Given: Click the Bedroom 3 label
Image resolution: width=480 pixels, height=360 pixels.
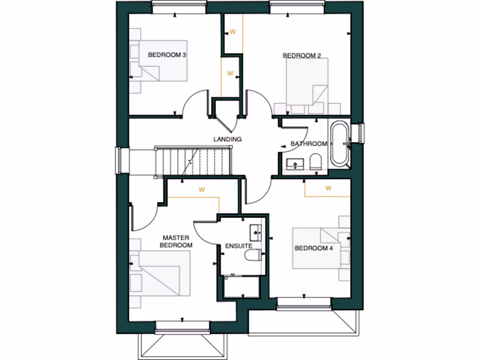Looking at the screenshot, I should click(x=167, y=55).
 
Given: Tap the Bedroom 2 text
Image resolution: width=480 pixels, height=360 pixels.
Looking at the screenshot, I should click(x=301, y=56).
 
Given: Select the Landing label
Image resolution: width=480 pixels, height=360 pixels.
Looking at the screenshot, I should click(x=227, y=139).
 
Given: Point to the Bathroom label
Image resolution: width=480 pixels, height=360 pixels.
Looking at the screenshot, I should click(x=308, y=143).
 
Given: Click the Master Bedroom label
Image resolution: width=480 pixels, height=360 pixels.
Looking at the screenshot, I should click(x=176, y=241).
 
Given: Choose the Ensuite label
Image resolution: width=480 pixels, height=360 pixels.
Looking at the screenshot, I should click(x=239, y=246).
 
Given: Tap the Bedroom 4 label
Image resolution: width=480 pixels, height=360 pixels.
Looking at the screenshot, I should click(x=313, y=248).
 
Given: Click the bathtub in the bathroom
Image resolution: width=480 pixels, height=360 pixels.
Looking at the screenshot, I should click(x=340, y=144).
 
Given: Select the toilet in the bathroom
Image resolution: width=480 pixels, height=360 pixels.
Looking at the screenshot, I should click(x=315, y=162).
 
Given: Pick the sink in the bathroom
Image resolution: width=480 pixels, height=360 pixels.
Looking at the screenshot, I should click(x=295, y=164).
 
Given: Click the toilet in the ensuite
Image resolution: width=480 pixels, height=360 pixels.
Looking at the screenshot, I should click(x=253, y=255).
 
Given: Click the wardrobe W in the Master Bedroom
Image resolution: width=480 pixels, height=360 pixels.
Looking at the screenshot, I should click(x=202, y=190).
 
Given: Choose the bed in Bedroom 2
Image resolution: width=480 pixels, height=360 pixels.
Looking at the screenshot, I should click(x=307, y=82).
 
